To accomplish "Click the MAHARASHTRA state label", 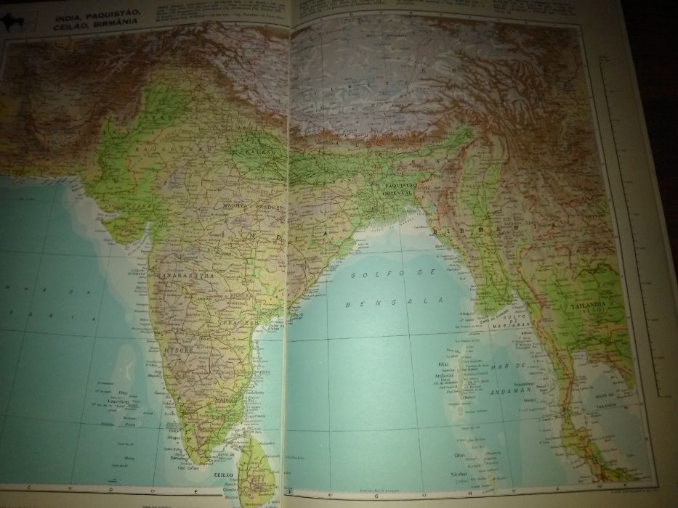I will point(177,276).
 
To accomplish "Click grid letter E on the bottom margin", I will point(193,488).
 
